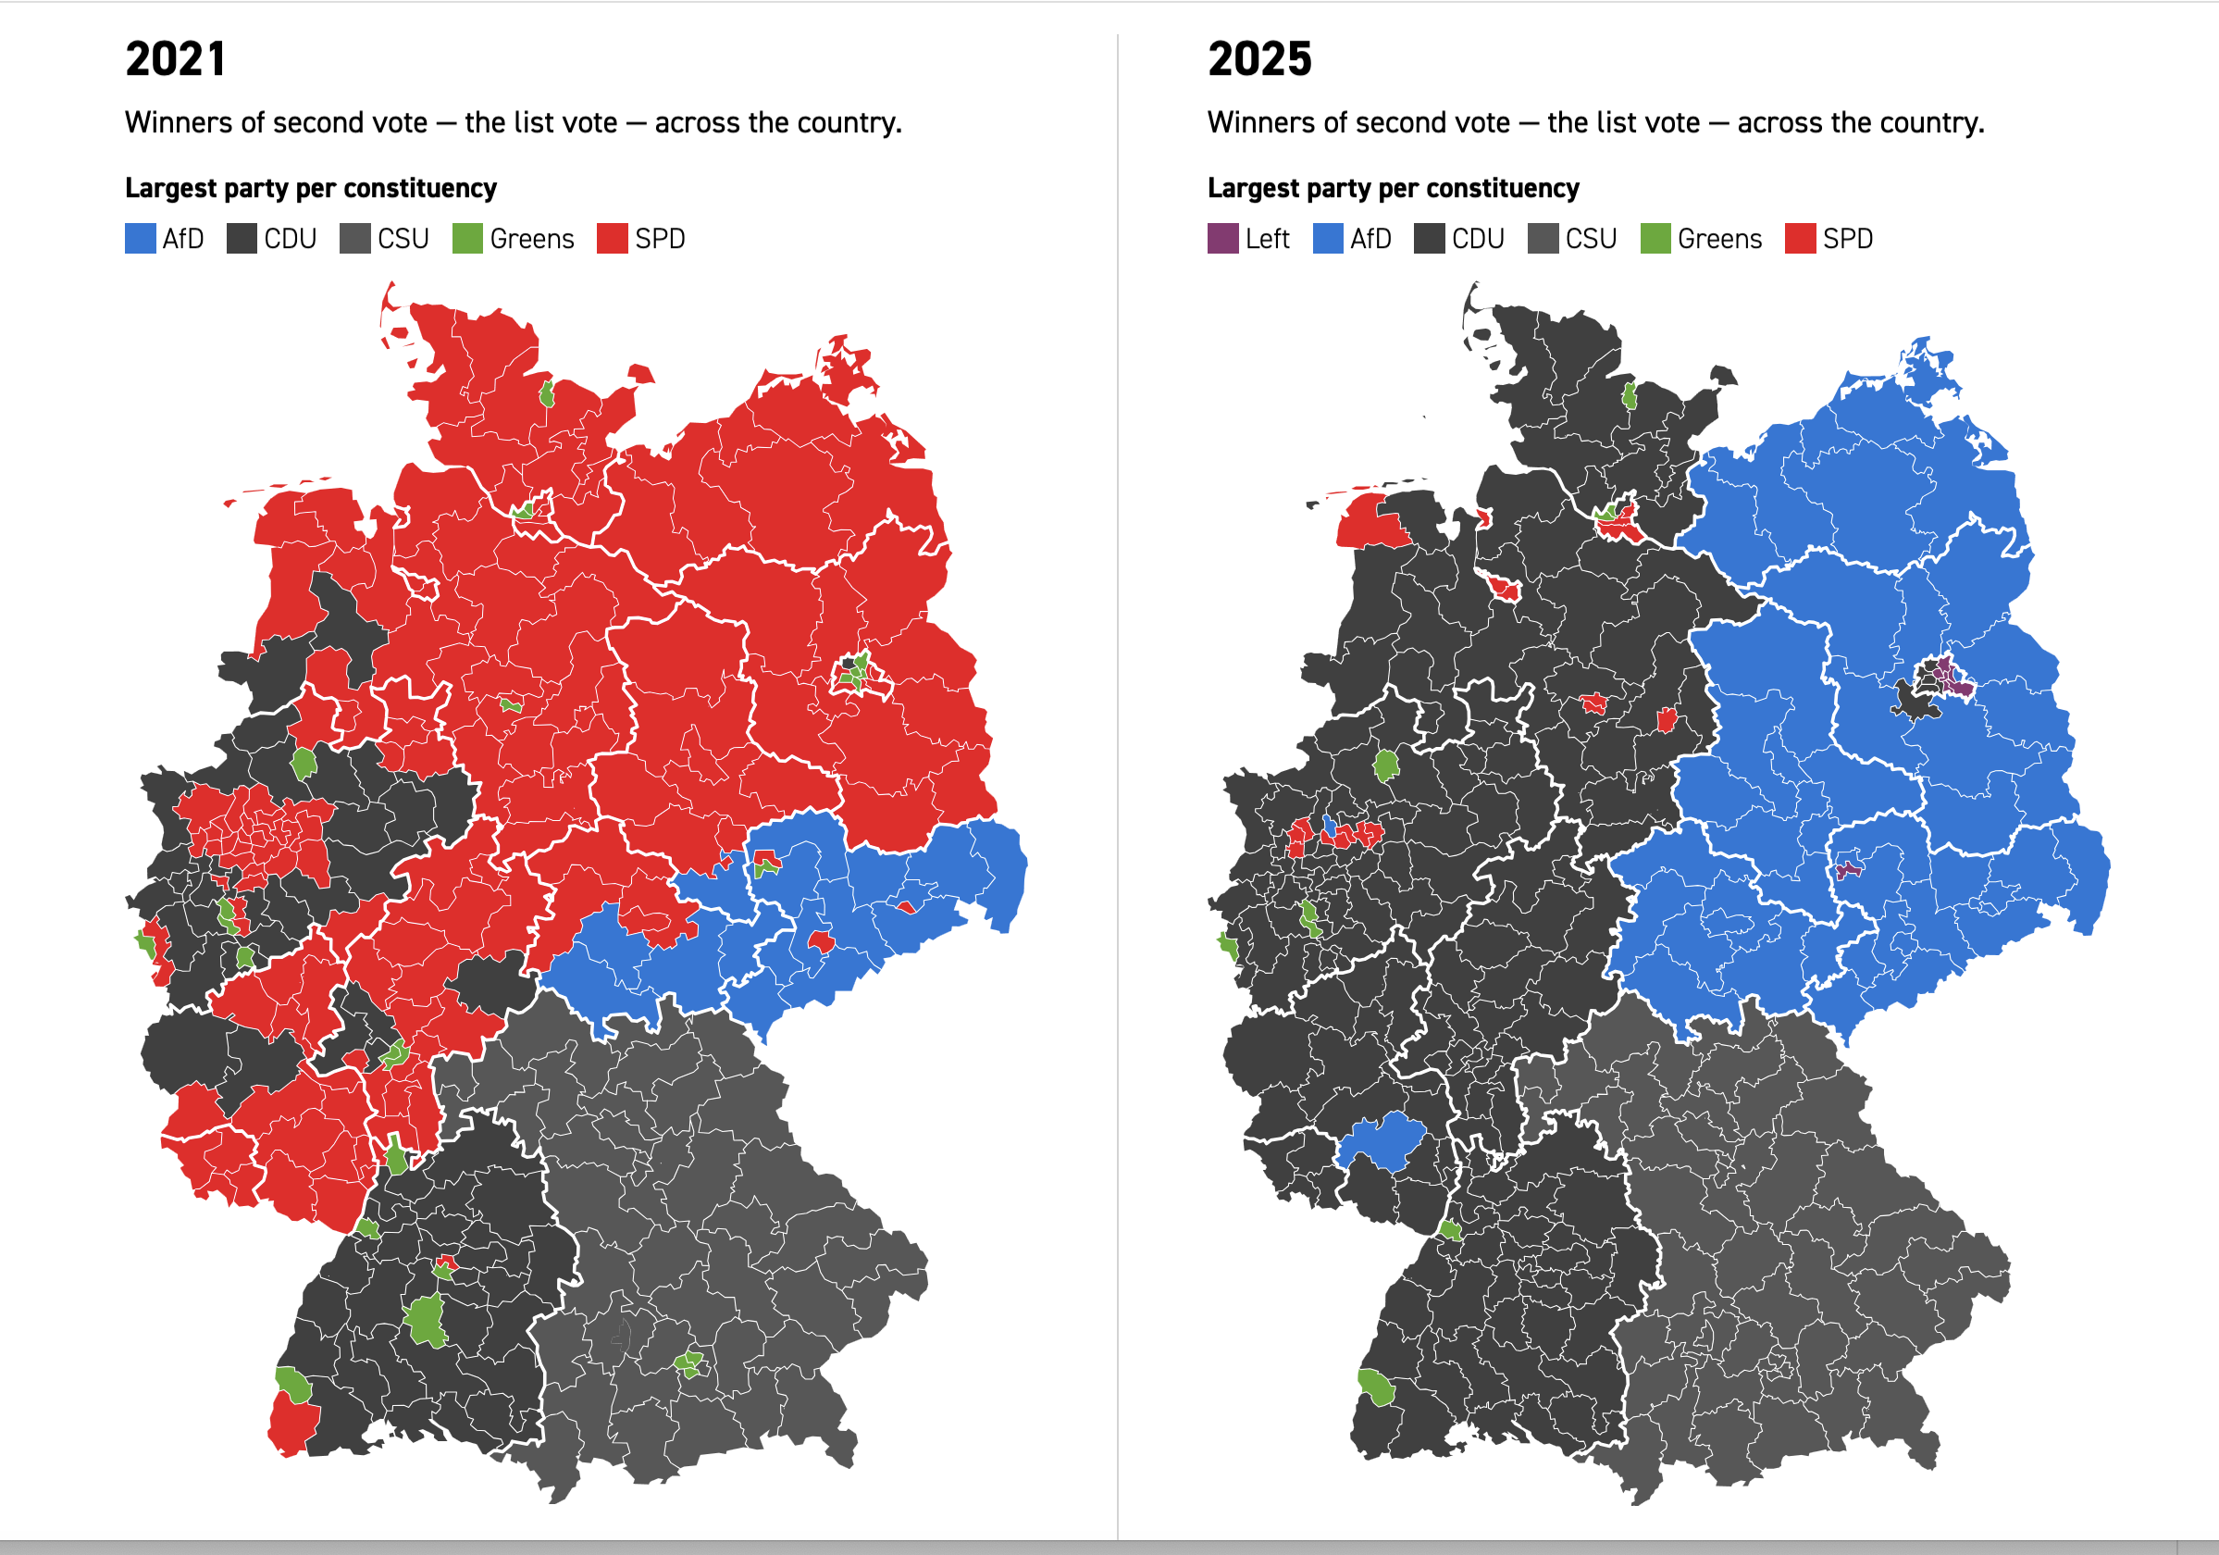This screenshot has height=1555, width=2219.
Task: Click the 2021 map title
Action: pos(175,60)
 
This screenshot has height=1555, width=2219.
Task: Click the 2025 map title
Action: pos(1259,60)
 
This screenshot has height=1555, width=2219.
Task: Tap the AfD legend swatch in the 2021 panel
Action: pos(140,239)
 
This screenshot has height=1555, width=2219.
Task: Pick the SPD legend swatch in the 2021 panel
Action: pos(612,239)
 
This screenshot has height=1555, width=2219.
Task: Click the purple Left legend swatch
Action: pos(1222,239)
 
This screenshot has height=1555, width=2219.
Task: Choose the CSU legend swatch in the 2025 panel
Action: pos(1543,239)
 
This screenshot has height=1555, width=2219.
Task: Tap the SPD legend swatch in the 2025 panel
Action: pos(1800,239)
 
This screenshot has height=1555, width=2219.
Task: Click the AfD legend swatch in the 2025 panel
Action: pos(1328,239)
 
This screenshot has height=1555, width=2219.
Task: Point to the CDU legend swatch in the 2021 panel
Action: pos(242,239)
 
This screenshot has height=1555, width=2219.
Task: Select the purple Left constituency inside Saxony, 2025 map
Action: pos(1848,870)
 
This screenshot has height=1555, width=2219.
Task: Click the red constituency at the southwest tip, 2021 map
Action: pos(292,1425)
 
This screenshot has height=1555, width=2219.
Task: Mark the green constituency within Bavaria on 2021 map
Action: pos(688,1364)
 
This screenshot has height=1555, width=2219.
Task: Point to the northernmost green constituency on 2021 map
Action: pos(547,393)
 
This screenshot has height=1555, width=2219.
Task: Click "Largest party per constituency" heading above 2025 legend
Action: pos(1393,188)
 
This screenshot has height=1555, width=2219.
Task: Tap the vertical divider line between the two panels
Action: pos(1118,773)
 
